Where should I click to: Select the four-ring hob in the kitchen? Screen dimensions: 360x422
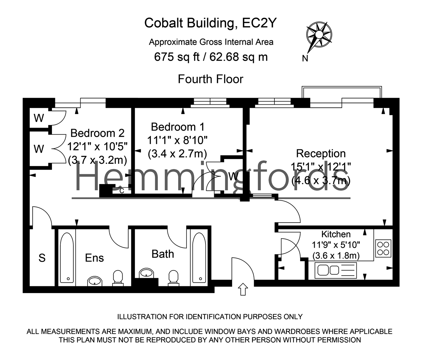[383, 248]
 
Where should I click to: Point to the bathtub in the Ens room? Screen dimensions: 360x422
[67, 258]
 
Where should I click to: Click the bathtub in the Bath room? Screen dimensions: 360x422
[199, 258]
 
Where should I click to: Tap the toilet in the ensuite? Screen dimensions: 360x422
[118, 278]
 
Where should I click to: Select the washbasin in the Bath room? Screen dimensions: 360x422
[147, 273]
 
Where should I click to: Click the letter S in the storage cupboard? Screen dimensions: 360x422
[42, 258]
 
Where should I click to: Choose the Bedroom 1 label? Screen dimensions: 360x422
[178, 127]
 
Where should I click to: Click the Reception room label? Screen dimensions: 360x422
[321, 153]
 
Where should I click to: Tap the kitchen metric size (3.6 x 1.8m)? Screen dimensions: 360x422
[336, 256]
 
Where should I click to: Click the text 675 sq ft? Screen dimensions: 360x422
[177, 57]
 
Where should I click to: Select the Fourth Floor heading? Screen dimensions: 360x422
[211, 79]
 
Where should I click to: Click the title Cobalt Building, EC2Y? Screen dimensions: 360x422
[211, 23]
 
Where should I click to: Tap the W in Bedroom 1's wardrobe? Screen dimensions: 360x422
[233, 176]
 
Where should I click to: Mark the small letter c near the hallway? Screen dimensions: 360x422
[122, 190]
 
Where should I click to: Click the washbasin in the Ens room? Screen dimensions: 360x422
[96, 281]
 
